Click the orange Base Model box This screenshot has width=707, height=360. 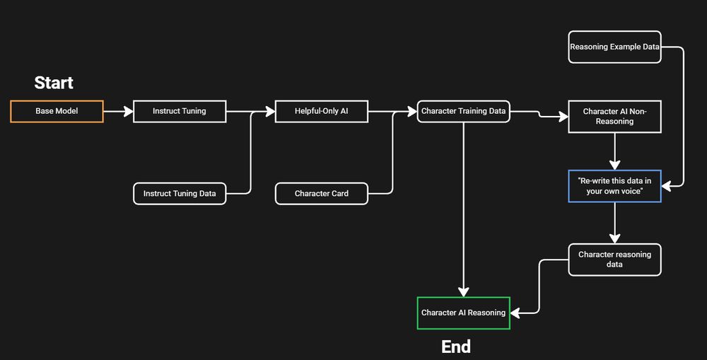(57, 112)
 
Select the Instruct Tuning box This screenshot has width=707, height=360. (180, 112)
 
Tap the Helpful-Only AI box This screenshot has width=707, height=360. (322, 112)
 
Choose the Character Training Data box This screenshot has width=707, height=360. (463, 112)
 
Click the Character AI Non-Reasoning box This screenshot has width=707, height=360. (614, 117)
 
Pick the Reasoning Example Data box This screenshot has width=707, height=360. (614, 47)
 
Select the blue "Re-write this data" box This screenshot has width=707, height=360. (614, 186)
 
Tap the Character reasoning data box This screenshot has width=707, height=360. (614, 260)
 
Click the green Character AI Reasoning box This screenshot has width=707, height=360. (463, 313)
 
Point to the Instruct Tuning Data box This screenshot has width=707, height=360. (180, 193)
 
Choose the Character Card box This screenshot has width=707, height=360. (322, 193)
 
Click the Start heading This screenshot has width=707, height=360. (54, 83)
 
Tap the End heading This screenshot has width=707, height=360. (456, 347)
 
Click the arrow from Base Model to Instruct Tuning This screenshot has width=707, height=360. (118, 112)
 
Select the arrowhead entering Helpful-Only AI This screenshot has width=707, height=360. (269, 112)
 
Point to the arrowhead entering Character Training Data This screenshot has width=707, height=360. (411, 112)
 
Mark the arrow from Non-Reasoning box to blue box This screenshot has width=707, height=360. (614, 151)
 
